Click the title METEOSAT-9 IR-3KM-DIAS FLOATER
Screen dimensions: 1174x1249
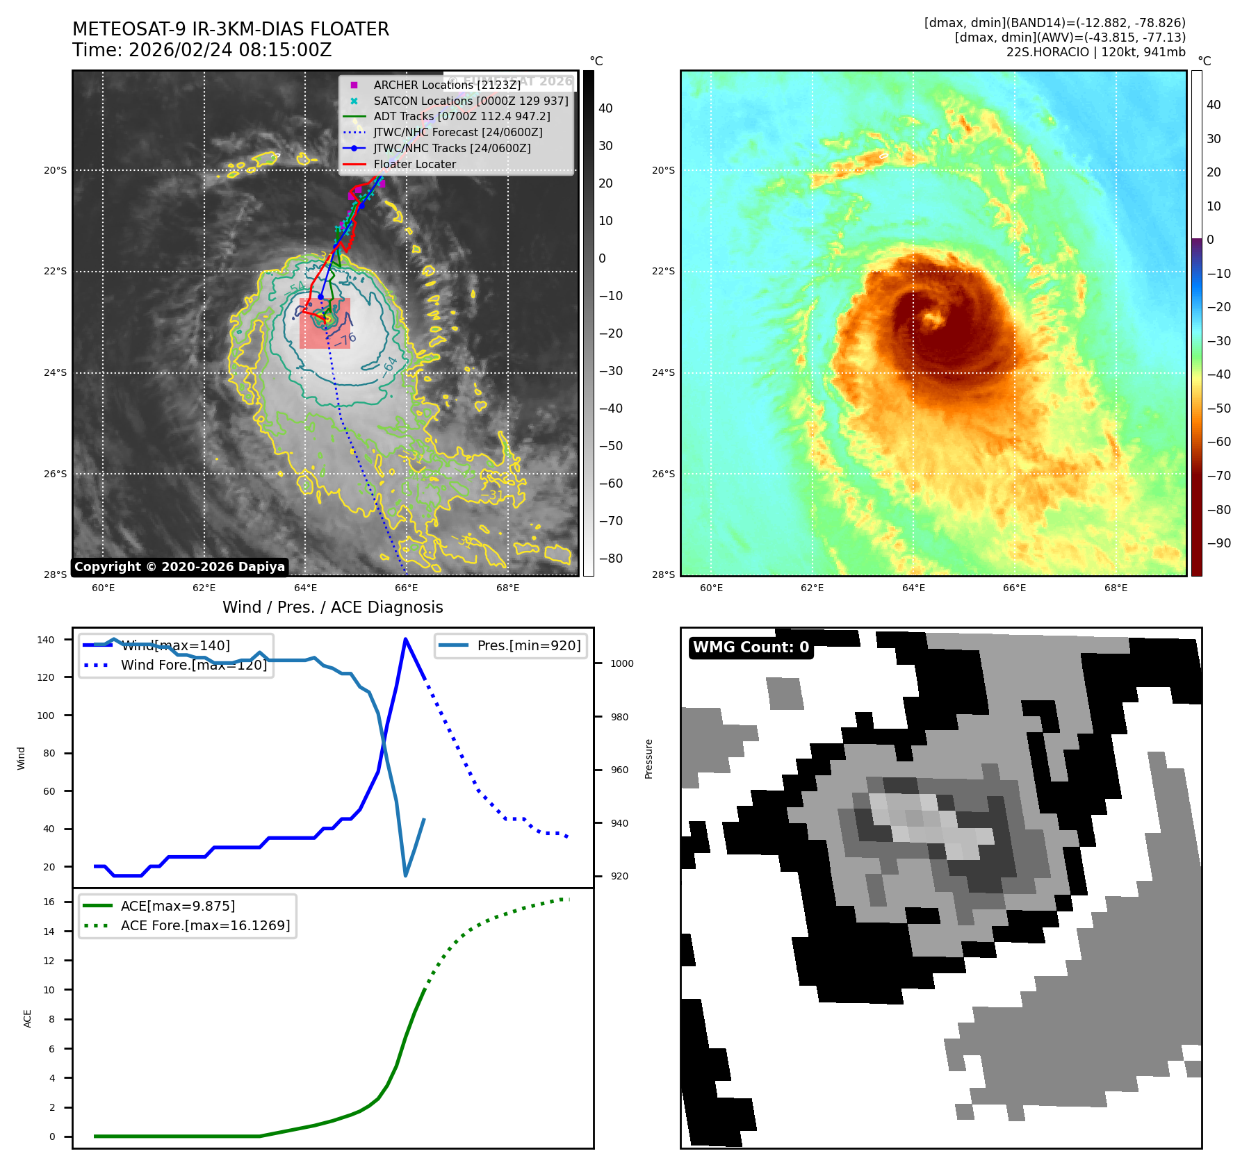(x=230, y=29)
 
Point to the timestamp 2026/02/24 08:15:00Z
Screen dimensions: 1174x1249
(x=229, y=51)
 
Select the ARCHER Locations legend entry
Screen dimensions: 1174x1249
(x=446, y=85)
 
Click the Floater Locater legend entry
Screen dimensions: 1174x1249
(x=414, y=165)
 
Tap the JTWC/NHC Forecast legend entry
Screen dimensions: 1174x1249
(x=457, y=132)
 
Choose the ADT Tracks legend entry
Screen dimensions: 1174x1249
(x=462, y=116)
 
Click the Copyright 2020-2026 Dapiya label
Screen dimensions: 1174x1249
(x=179, y=567)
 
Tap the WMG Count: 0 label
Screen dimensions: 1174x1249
(x=751, y=647)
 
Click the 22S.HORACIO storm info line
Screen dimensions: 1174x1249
(x=1095, y=52)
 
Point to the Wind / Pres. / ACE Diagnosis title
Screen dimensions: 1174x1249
(x=332, y=607)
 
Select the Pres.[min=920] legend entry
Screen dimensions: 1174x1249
(x=528, y=645)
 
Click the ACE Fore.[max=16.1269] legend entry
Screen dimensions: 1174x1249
(x=205, y=925)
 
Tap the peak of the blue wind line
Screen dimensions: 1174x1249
(x=405, y=639)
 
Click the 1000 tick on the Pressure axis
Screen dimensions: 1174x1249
(x=622, y=663)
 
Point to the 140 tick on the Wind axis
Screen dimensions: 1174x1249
(x=46, y=640)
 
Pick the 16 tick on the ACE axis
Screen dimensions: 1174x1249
(x=49, y=902)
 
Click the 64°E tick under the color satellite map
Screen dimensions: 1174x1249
(x=913, y=588)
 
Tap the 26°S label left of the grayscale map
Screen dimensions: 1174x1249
(x=56, y=474)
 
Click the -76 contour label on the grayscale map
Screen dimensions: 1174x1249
(x=346, y=340)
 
